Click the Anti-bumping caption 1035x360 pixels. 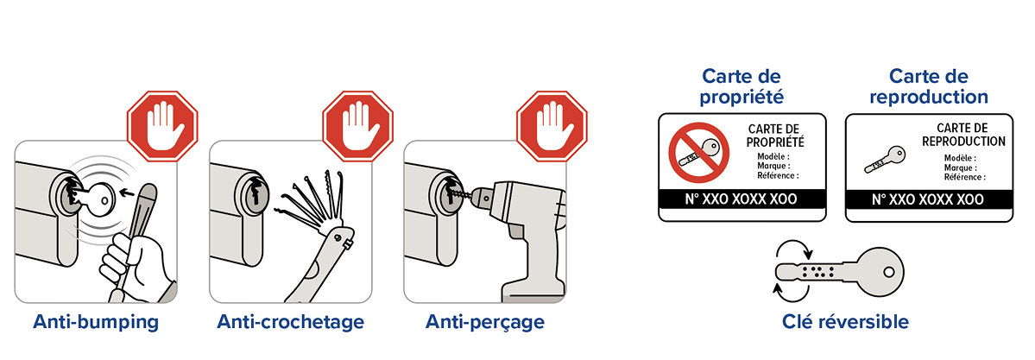[x=97, y=322]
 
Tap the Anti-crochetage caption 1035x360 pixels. [x=290, y=322]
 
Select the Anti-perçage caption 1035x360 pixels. [x=485, y=322]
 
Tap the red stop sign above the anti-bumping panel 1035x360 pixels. [x=162, y=126]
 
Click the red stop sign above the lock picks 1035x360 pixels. [x=357, y=126]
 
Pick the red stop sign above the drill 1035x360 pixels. [x=551, y=126]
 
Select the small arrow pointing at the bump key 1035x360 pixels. [x=128, y=193]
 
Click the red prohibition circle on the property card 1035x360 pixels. [x=698, y=154]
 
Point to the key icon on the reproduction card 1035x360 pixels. [x=885, y=160]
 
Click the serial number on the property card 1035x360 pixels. [x=742, y=199]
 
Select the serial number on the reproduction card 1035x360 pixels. [x=928, y=199]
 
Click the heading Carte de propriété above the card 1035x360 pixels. [x=742, y=85]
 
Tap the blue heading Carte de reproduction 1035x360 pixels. [x=929, y=85]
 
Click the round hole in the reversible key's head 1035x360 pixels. [x=889, y=271]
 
